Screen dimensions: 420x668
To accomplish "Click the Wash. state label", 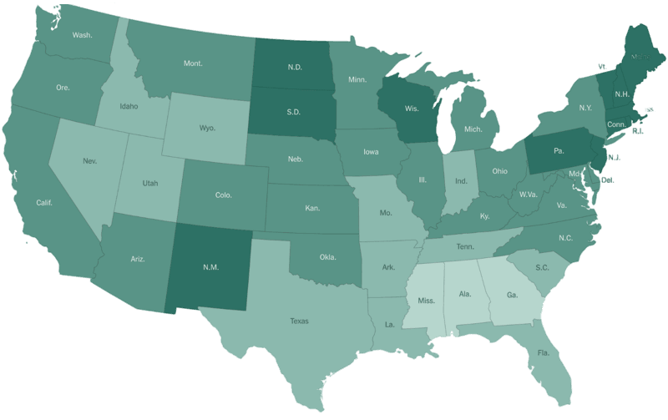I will (82, 36).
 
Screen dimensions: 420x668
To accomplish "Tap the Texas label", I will (299, 320).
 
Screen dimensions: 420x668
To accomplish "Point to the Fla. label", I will (543, 352).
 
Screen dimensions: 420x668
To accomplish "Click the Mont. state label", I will (195, 63).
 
